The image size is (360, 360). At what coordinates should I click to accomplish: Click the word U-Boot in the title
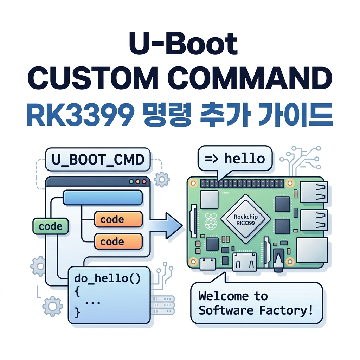(x=183, y=44)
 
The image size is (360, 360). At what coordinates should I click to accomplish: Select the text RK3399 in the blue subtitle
(x=81, y=115)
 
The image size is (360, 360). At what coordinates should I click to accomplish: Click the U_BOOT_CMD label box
(x=98, y=160)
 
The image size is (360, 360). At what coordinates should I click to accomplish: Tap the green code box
(x=51, y=226)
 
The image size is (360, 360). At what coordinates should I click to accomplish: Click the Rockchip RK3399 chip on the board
(x=245, y=219)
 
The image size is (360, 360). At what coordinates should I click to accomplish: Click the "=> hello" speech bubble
(x=235, y=159)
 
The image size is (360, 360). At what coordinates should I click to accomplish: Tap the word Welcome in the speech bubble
(x=223, y=296)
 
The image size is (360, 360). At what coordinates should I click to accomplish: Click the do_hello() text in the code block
(x=107, y=278)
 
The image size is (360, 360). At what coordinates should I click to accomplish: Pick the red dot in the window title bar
(x=144, y=182)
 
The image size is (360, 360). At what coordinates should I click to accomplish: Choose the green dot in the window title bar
(x=131, y=182)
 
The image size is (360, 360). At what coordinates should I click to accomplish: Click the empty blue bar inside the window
(x=103, y=198)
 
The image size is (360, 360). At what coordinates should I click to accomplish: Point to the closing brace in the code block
(x=77, y=313)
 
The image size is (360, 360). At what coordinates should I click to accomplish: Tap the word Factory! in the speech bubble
(x=286, y=311)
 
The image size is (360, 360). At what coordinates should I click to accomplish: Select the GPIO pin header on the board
(x=242, y=184)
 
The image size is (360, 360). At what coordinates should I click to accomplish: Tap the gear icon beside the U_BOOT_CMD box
(x=162, y=179)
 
